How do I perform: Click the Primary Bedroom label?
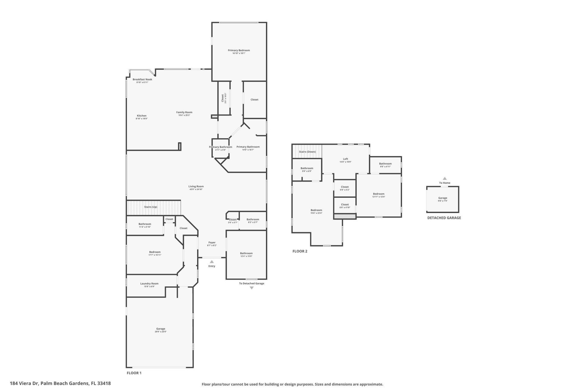239,51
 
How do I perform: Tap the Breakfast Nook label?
142,80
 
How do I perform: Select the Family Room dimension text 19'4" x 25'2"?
184,115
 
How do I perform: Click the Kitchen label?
142,116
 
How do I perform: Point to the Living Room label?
196,186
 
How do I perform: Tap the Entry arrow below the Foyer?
212,262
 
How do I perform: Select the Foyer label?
212,243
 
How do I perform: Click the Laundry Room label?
149,284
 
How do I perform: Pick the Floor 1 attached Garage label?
161,329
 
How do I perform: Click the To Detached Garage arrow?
252,288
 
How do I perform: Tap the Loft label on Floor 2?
346,159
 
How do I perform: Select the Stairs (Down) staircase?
307,152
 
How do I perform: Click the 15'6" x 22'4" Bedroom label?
316,210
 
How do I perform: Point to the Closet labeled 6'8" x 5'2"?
345,187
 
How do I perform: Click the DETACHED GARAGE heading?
444,218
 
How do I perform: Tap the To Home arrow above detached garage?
445,179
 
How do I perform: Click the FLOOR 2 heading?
300,251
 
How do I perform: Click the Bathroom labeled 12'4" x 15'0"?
246,253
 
